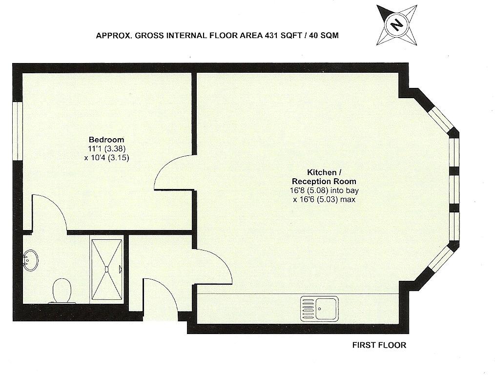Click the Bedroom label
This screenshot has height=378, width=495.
click(106, 140)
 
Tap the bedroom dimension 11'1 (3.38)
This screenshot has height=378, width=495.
click(107, 148)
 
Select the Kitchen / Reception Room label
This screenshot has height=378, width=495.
click(324, 177)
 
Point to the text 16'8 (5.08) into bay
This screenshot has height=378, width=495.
click(324, 190)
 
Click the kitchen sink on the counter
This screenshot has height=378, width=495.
click(319, 308)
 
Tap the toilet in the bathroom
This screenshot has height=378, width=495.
click(62, 291)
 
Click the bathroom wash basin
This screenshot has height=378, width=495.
click(30, 260)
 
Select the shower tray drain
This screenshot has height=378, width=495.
click(106, 269)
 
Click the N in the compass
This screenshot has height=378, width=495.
click(397, 24)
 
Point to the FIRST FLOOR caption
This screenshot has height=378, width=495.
click(379, 345)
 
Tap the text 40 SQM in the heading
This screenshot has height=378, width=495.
click(324, 35)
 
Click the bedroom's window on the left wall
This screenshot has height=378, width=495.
click(18, 131)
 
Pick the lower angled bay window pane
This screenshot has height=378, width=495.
click(440, 259)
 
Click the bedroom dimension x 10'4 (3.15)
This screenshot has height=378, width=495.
click(107, 158)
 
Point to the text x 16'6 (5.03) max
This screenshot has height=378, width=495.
click(324, 200)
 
